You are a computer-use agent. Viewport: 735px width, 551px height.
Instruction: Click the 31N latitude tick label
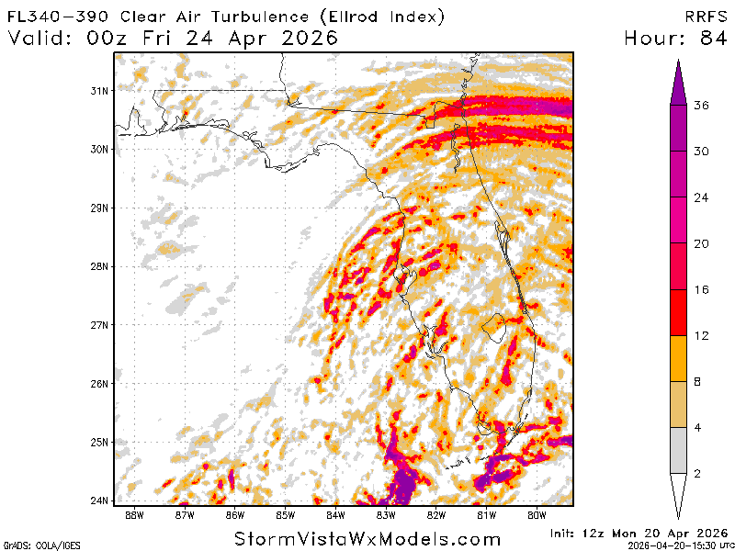[x=100, y=90]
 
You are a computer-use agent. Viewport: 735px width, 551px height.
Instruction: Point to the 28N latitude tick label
[x=100, y=266]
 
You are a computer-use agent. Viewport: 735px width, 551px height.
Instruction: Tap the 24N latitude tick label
[x=100, y=500]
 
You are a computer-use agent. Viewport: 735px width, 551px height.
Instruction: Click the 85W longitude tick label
[x=286, y=514]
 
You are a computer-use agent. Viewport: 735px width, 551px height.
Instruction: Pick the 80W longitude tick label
[x=537, y=514]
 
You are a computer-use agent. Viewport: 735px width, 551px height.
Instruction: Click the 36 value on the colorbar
[x=701, y=106]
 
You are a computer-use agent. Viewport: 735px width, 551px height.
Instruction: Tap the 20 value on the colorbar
[x=701, y=243]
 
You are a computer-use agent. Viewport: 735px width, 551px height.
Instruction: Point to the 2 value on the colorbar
[x=700, y=473]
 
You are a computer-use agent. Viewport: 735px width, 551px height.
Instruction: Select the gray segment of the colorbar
[x=678, y=450]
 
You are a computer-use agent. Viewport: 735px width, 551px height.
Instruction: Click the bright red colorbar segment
[x=678, y=312]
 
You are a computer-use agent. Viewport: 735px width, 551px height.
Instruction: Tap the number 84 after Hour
[x=708, y=38]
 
